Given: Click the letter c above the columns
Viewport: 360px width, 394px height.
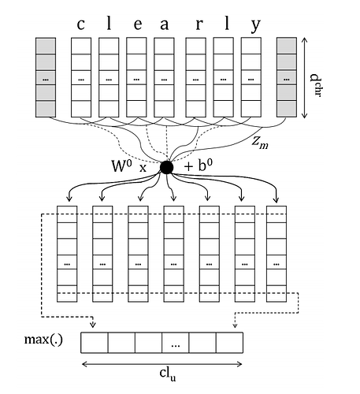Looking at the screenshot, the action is coord(80,24).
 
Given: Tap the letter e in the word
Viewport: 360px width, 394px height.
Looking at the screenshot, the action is coord(138,24).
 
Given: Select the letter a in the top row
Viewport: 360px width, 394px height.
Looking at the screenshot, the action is coord(165,24).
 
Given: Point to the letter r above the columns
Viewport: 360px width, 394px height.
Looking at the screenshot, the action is coord(199,24).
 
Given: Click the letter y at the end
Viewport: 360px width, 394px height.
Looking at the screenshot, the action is coord(254,26).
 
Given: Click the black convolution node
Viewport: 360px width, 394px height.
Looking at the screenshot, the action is coord(166,167).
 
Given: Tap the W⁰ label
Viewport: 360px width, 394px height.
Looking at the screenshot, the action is coord(121,165).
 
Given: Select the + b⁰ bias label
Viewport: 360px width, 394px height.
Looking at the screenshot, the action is coord(199,165).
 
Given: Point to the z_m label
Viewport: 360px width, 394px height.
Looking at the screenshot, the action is coord(260,143).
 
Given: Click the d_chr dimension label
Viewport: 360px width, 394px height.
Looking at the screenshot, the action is coord(315,85).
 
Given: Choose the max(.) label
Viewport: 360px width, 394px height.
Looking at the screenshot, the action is coord(43,340).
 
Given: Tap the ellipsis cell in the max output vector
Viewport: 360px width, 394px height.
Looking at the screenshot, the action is coord(176,343).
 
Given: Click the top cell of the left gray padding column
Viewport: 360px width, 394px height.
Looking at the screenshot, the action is coord(46,46).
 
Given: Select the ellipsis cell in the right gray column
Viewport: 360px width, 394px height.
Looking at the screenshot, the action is coord(287,78).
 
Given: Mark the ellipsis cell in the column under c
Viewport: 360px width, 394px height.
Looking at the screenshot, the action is coord(81,78).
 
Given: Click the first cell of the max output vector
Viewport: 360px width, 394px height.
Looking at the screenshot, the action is coord(95,343).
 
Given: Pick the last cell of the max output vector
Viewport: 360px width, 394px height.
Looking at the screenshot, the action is coord(230,343).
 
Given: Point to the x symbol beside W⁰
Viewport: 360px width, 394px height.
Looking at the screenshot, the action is coord(143,168).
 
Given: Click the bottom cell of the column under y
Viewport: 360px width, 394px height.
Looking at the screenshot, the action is coord(251,109).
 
